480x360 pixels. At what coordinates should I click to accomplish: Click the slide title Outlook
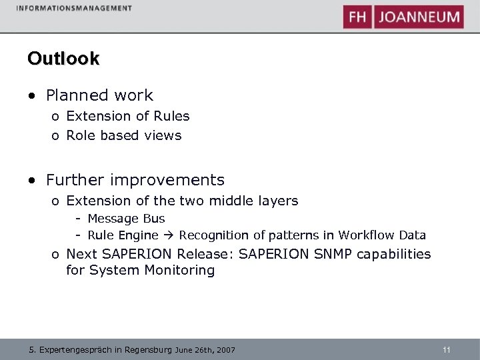(63, 59)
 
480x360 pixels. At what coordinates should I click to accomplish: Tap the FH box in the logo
(357, 17)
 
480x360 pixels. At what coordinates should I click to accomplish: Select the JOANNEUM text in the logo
(419, 17)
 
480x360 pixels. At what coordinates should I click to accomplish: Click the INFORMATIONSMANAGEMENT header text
(73, 8)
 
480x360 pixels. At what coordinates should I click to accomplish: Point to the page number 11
(447, 349)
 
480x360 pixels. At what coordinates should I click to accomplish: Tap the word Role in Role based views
(81, 135)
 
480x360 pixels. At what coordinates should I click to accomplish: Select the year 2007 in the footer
(225, 350)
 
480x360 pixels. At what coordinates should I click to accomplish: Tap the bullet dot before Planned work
(31, 96)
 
